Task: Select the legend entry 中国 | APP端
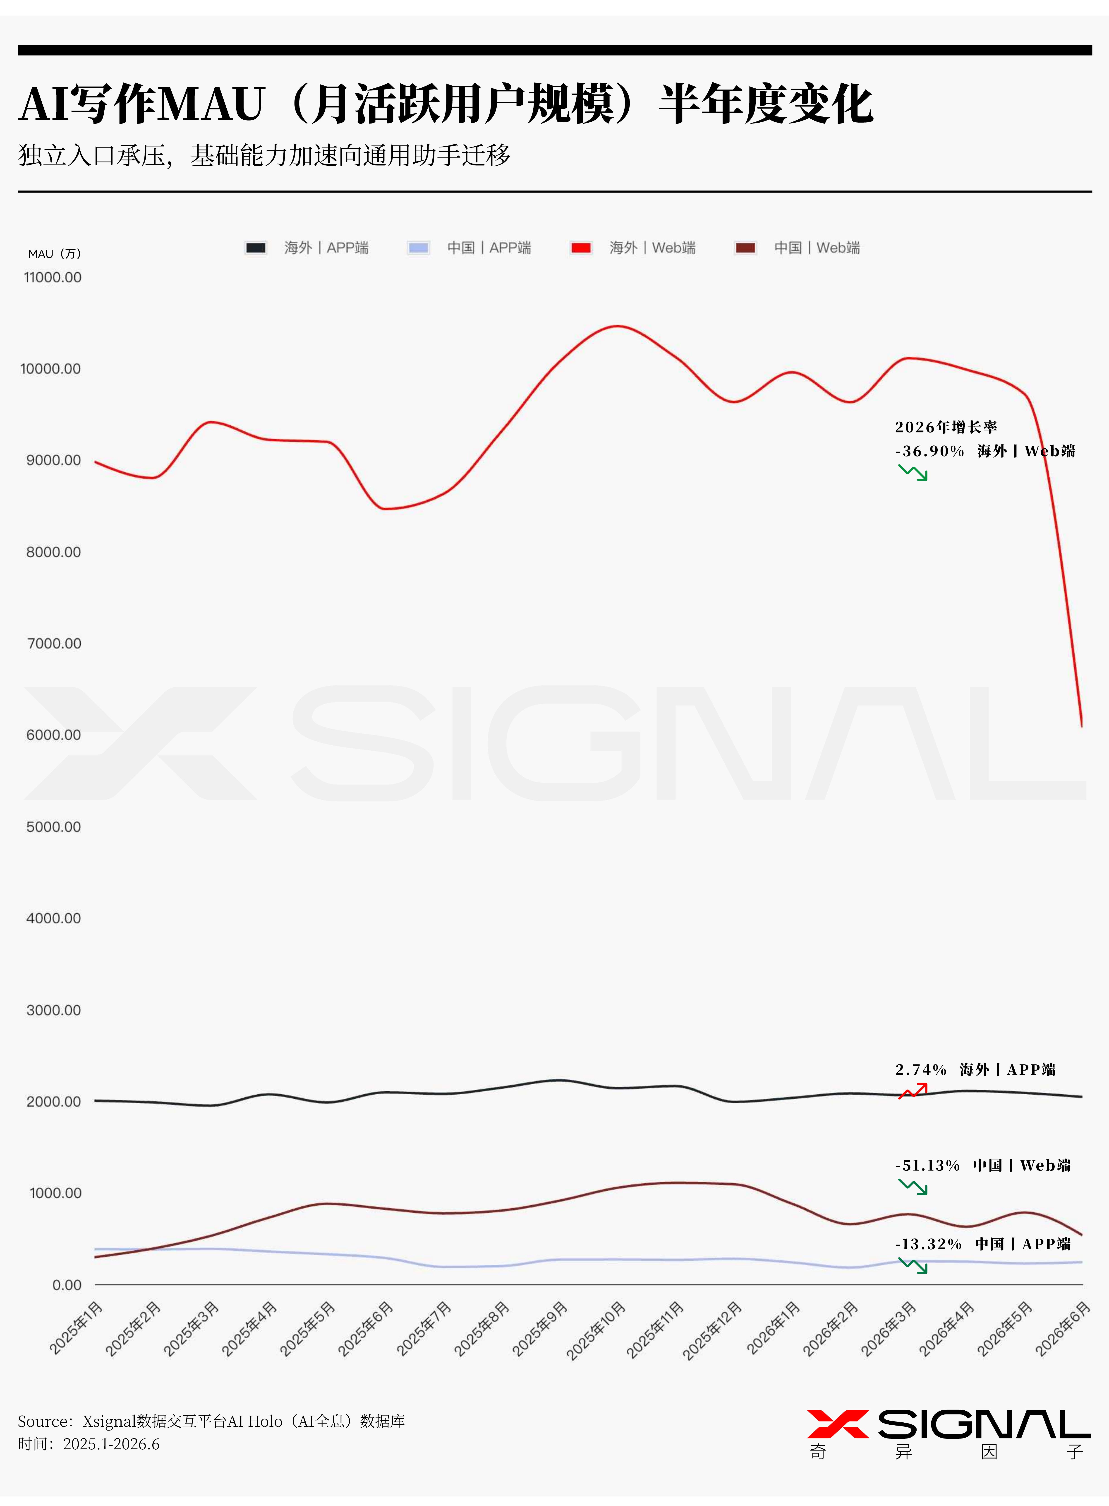[469, 248]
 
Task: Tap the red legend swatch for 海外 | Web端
[581, 248]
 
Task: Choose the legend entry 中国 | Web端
[798, 248]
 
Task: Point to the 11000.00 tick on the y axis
[52, 277]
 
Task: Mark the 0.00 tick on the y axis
[67, 1285]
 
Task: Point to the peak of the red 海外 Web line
[618, 326]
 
